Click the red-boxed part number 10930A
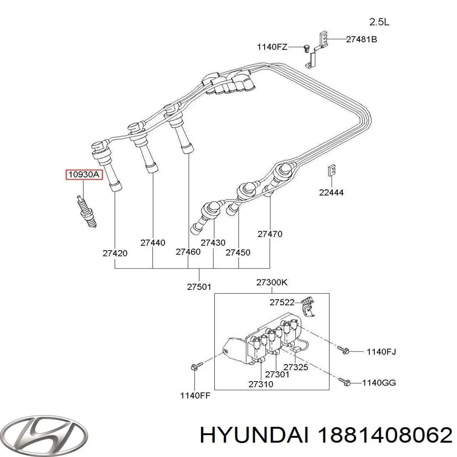point(83,175)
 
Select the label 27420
point(115,253)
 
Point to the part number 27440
point(153,243)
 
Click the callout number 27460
point(188,252)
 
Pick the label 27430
point(213,243)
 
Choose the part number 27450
point(238,252)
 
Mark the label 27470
point(270,234)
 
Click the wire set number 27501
point(199,287)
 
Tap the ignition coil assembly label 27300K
point(272,282)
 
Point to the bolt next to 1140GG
point(345,382)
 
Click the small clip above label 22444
point(332,171)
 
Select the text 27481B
point(361,39)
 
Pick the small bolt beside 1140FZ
point(305,48)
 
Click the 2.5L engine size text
point(379,22)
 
